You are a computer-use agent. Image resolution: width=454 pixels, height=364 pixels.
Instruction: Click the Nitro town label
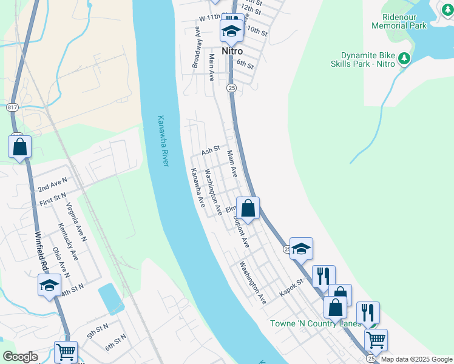[x=232, y=52]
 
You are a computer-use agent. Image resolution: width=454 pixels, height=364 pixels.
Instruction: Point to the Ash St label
[x=210, y=150]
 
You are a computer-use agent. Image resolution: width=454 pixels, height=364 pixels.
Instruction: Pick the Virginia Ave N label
[x=77, y=222]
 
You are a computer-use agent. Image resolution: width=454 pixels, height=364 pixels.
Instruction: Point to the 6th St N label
[x=115, y=342]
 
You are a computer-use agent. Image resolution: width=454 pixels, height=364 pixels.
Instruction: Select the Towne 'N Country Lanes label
[x=315, y=323]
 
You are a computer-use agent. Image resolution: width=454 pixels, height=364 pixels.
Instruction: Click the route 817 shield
[x=13, y=107]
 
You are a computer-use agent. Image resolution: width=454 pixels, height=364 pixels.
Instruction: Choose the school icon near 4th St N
[x=49, y=286]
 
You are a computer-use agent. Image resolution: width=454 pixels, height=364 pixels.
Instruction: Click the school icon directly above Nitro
[x=231, y=31]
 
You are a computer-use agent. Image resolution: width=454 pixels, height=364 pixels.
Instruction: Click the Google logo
[x=20, y=357]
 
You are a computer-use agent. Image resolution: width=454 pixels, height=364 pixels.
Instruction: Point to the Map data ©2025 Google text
[x=416, y=359]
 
